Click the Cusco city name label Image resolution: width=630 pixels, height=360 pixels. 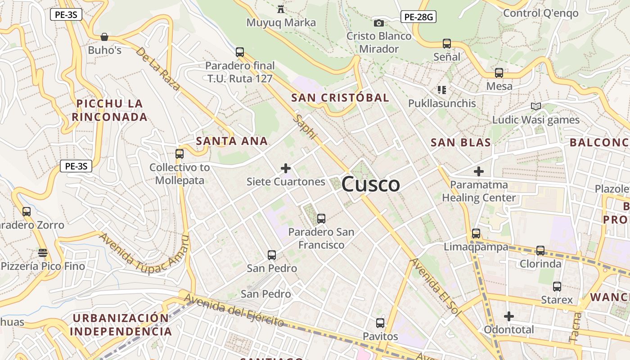(370, 184)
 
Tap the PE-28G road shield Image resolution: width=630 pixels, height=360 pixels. (418, 17)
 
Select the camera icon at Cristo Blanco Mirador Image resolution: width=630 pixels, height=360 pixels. (379, 23)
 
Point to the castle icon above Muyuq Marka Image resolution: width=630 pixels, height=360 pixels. (281, 9)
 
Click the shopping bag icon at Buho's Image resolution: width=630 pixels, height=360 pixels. (104, 36)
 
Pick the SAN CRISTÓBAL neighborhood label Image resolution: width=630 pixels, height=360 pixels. (340, 98)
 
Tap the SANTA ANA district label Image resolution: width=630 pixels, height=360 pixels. (232, 141)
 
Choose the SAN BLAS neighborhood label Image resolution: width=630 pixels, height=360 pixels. (460, 143)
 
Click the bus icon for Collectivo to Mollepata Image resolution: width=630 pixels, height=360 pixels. (180, 153)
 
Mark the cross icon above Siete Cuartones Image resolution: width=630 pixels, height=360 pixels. (286, 168)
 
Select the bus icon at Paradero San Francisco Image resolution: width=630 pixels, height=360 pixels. (321, 219)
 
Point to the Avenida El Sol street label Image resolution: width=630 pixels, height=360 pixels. (435, 287)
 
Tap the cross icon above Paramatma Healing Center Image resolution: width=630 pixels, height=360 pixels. (479, 171)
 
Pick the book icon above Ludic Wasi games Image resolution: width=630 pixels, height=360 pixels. (535, 107)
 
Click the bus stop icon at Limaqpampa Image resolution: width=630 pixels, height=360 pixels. (476, 234)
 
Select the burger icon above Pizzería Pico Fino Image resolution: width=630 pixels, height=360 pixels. (43, 253)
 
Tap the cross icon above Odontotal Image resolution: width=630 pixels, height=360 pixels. (509, 316)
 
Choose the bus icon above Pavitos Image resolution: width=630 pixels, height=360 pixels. (380, 323)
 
